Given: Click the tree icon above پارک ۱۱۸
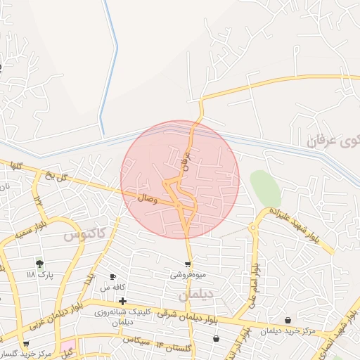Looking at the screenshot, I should (x=40, y=264).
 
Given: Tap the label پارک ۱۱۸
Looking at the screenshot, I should (x=40, y=275).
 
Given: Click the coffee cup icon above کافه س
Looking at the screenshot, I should (x=112, y=277).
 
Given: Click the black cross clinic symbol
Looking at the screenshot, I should (x=122, y=301).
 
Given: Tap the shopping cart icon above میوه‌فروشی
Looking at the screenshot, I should (x=188, y=264).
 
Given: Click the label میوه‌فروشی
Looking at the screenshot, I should (x=188, y=275).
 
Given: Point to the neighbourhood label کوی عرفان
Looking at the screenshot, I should (x=333, y=140).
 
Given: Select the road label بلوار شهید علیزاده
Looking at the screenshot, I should (x=295, y=224).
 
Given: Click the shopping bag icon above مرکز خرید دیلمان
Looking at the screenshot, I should (x=288, y=320).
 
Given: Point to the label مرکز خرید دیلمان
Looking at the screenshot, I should (x=290, y=330).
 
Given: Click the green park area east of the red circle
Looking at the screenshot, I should (x=265, y=188).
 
